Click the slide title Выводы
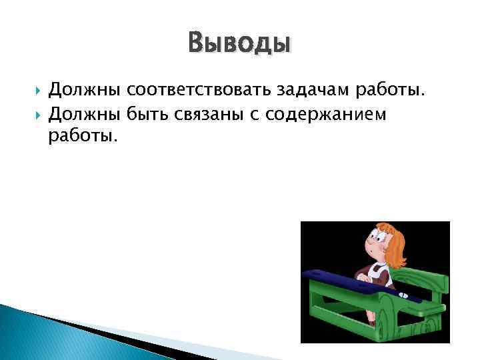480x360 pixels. coord(239,44)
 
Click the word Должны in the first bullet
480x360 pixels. coord(85,89)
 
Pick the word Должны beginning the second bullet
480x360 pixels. coord(85,115)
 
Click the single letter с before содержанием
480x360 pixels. coord(253,115)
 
